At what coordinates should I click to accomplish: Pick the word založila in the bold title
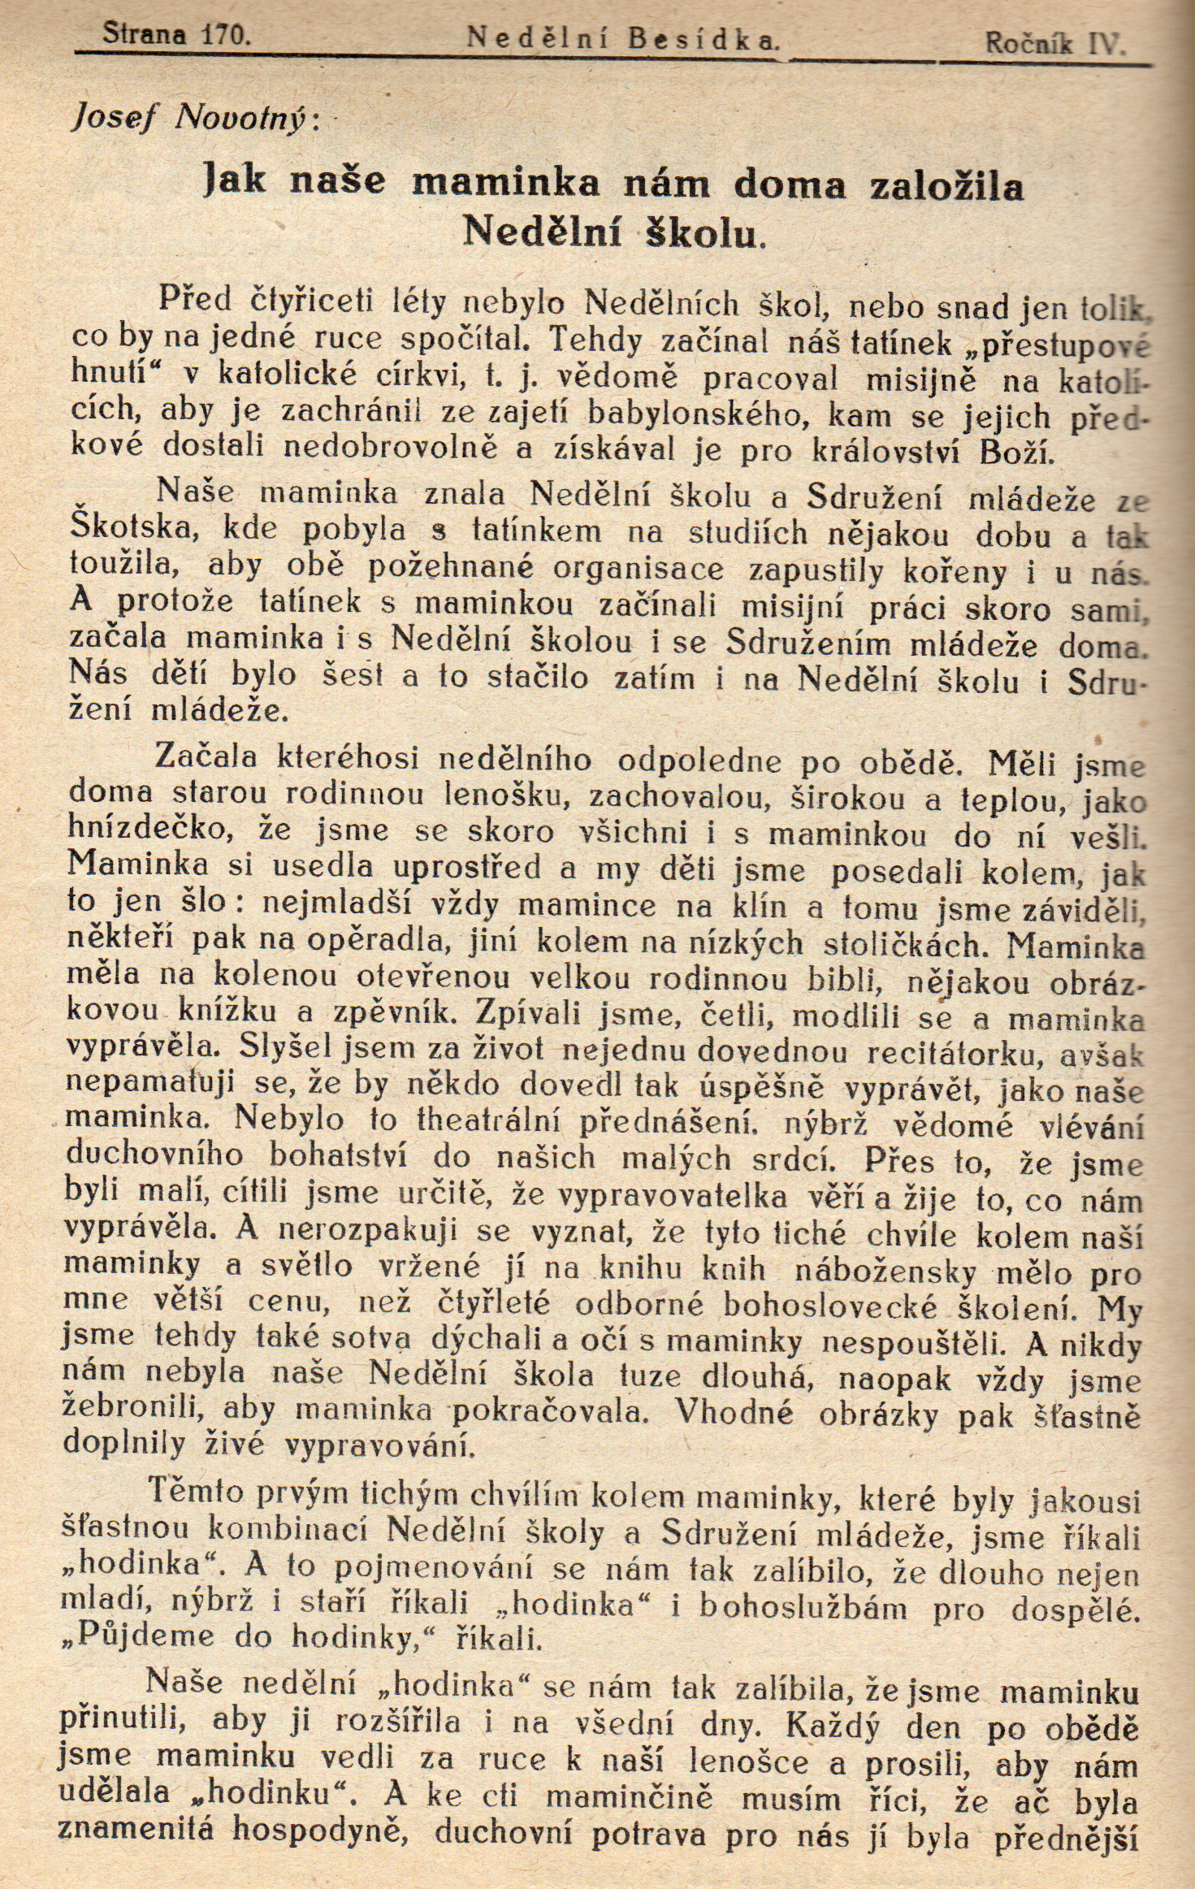pos(946,186)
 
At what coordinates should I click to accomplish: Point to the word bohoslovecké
pos(829,1305)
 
